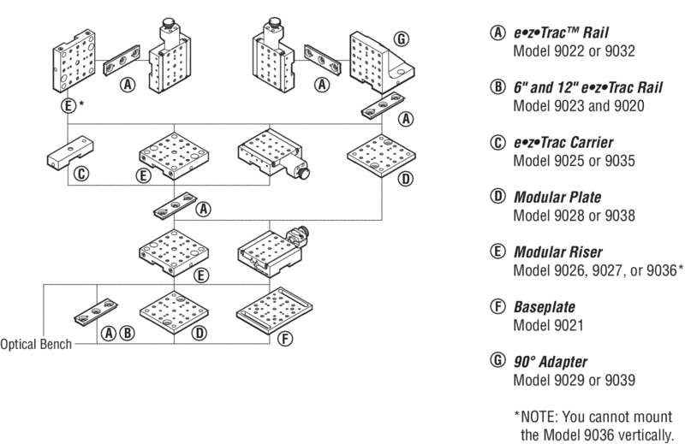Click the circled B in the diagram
[x=126, y=334]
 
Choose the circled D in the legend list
[x=497, y=198]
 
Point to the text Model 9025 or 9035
[x=574, y=161]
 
